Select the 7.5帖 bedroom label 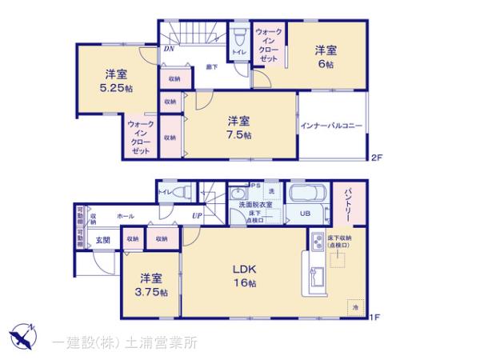(238, 128)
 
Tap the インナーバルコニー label (332, 126)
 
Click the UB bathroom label (304, 214)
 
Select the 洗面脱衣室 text (255, 205)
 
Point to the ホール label (126, 216)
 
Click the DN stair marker (169, 49)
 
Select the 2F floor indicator (376, 157)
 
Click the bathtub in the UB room (305, 195)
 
